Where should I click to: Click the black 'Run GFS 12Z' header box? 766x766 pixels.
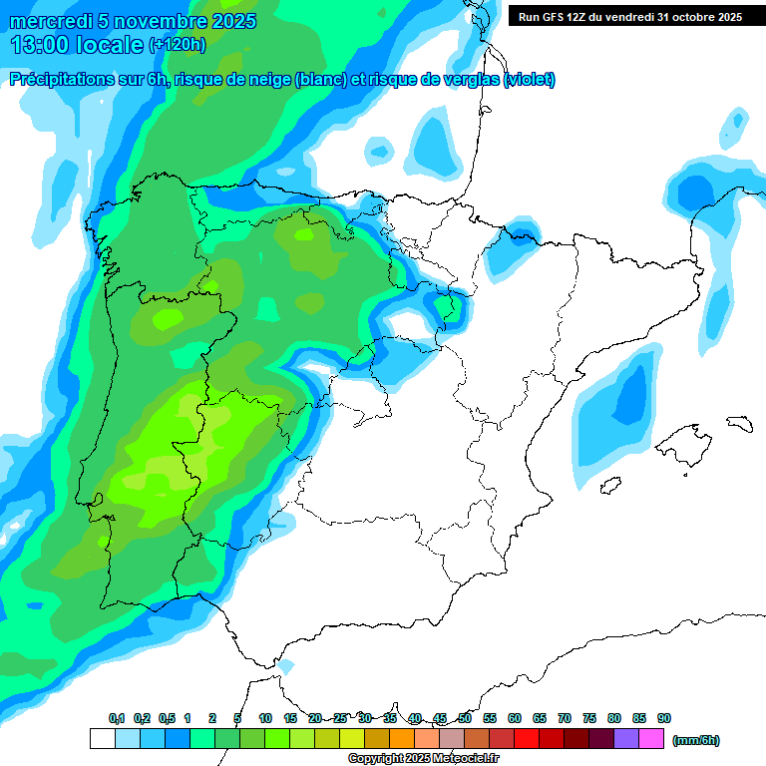[x=629, y=17]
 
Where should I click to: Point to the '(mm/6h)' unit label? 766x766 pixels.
[x=696, y=740]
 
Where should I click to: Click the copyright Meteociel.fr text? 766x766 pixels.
[x=424, y=759]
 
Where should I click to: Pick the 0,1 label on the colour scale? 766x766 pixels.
[x=117, y=718]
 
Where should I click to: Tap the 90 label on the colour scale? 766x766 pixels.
[x=664, y=718]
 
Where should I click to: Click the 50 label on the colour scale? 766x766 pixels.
[x=465, y=718]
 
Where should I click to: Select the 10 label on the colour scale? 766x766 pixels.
[x=265, y=718]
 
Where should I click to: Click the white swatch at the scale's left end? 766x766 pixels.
[x=102, y=739]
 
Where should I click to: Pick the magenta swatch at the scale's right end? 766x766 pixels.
[x=651, y=739]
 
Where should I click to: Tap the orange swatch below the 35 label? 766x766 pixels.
[x=402, y=739]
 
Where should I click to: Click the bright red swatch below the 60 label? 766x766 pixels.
[x=527, y=739]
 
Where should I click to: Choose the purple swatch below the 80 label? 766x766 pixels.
[x=626, y=739]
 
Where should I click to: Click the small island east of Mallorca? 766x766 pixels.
[x=739, y=422]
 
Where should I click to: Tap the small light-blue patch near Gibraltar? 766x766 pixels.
[x=287, y=665]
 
